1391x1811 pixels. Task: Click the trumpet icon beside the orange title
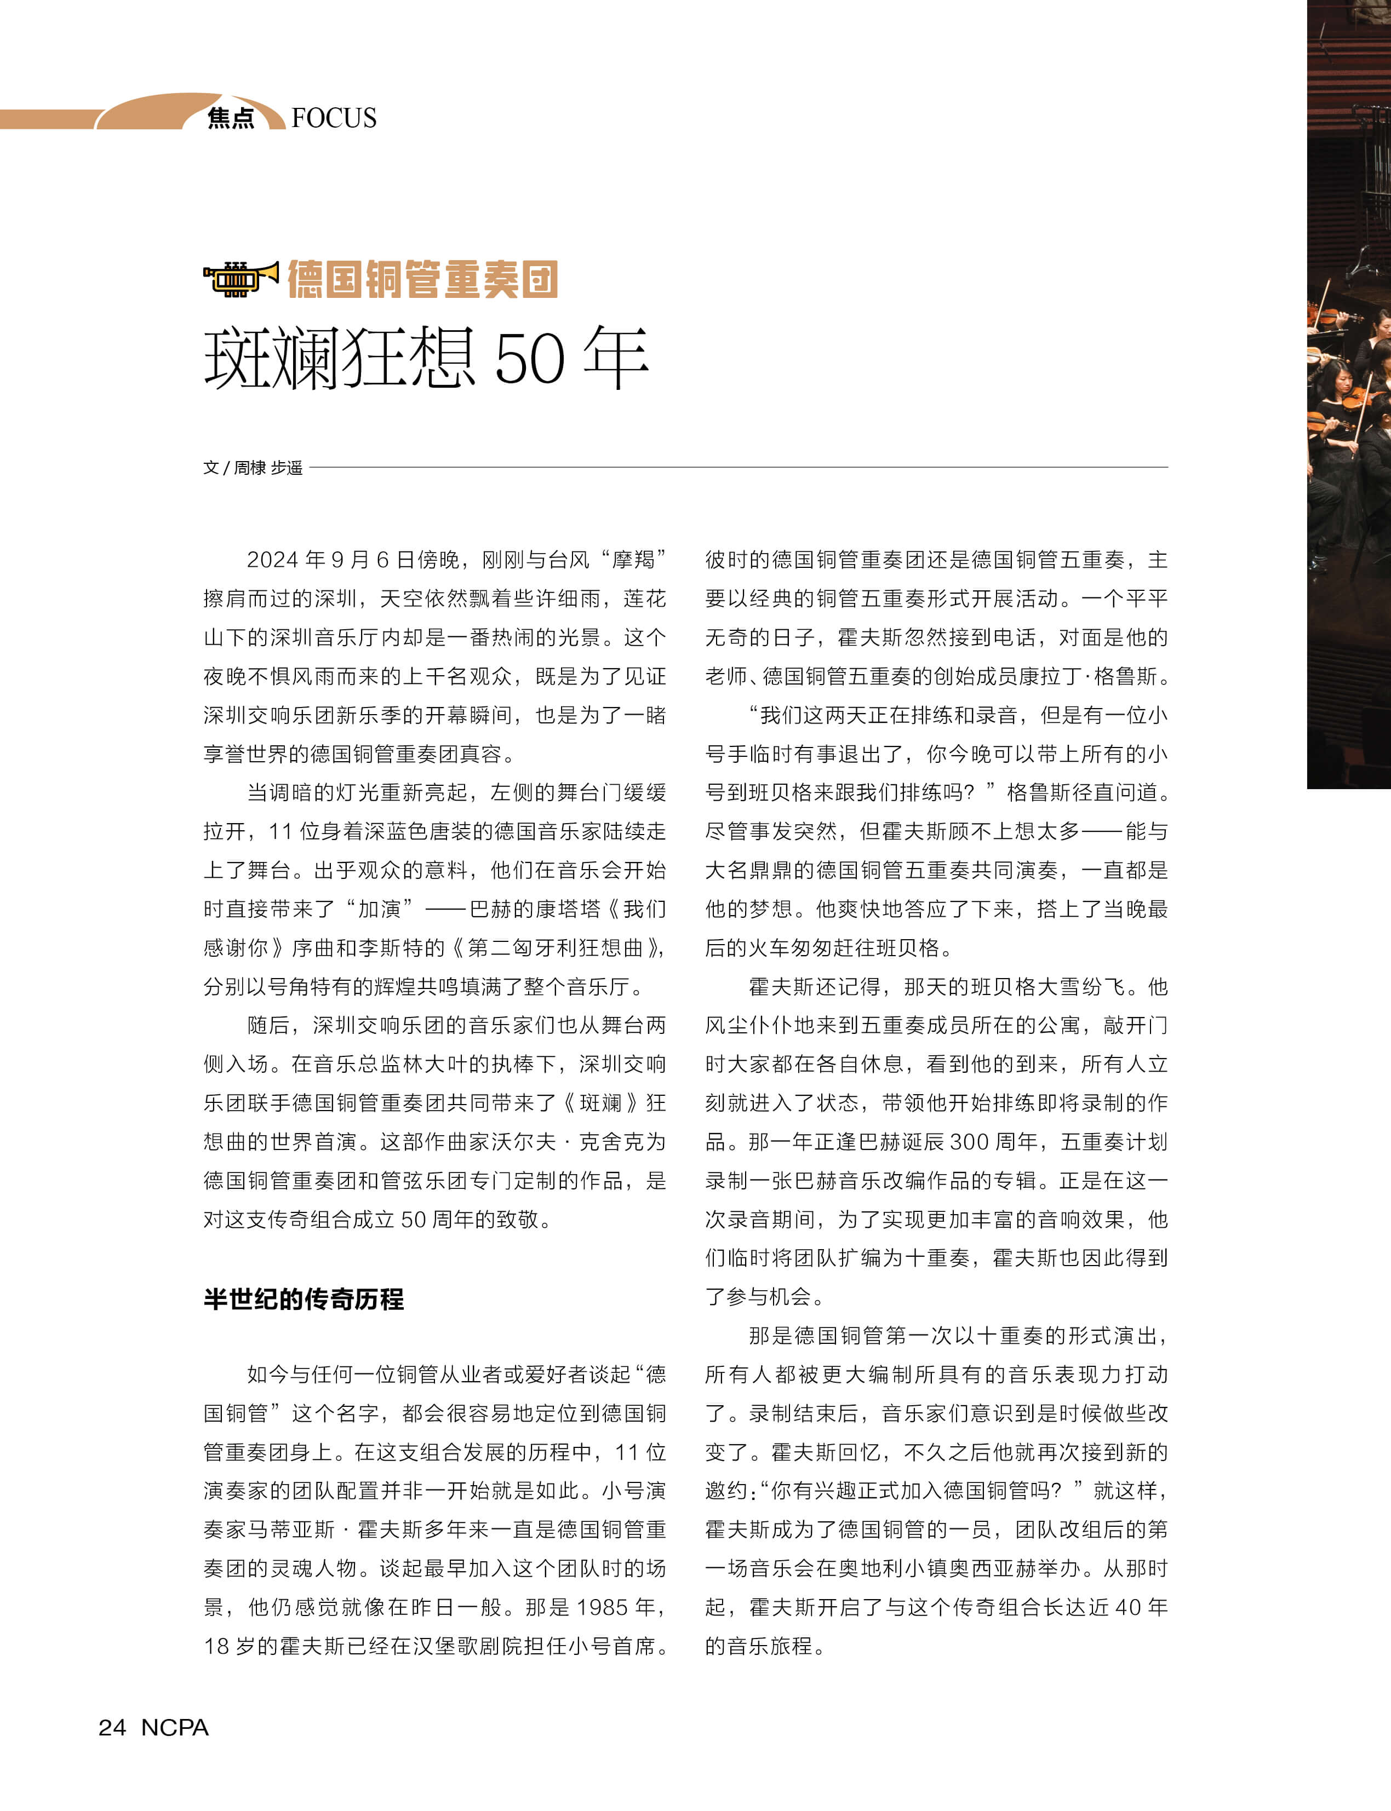[x=240, y=279]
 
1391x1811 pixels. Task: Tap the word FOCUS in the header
[x=334, y=118]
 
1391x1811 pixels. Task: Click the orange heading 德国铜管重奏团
[x=422, y=279]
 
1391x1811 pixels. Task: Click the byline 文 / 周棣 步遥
[x=253, y=468]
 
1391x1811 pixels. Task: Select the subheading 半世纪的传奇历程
[x=304, y=1298]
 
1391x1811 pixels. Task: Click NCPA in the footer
[x=175, y=1727]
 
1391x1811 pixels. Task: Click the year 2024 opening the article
[x=272, y=560]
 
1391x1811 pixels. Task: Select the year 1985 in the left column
[x=602, y=1607]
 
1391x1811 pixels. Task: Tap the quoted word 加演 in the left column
[x=379, y=909]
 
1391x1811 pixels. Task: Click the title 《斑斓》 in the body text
[x=600, y=1102]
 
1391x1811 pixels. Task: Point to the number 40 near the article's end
[x=1127, y=1607]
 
